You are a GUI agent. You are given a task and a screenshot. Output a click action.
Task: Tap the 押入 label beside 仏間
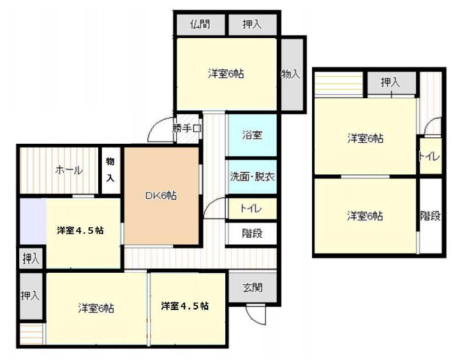[x=252, y=24]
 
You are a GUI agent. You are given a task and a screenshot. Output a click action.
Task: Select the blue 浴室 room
[x=252, y=135]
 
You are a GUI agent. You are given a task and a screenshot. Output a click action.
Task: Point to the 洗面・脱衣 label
[x=252, y=176]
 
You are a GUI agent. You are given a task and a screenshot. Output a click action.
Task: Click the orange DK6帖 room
[x=161, y=196]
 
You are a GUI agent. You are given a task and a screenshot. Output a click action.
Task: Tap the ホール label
[x=69, y=170]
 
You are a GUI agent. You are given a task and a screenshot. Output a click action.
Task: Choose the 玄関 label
[x=252, y=288]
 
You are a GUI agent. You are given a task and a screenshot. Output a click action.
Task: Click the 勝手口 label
[x=187, y=129]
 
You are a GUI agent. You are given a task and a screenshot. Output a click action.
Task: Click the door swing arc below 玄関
[x=256, y=315]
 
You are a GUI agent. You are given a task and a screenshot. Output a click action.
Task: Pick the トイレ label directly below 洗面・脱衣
[x=251, y=209]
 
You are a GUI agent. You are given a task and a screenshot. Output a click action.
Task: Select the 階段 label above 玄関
[x=252, y=233]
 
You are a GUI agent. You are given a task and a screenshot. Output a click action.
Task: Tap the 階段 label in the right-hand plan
[x=430, y=216]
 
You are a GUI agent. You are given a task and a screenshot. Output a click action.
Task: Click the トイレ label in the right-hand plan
[x=430, y=157]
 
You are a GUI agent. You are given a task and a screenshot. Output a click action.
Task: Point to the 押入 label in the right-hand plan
[x=390, y=83]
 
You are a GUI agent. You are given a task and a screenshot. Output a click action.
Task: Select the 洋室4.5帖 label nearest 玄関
[x=185, y=306]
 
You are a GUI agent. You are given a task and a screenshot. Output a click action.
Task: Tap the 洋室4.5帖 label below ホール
[x=80, y=231]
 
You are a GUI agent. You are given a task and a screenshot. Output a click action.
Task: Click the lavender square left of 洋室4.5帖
[x=32, y=221]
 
